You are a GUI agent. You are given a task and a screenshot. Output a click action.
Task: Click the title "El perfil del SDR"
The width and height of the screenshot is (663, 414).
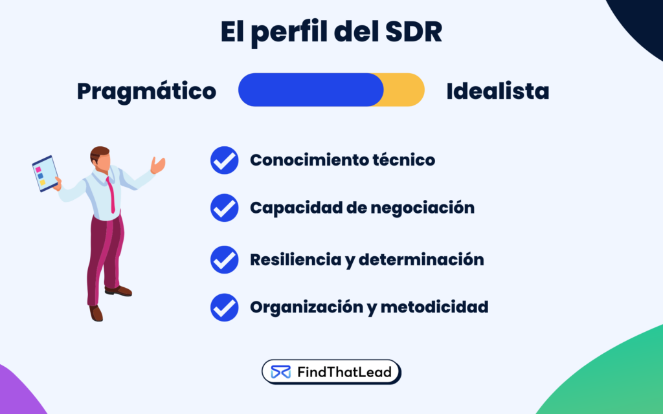pyautogui.click(x=331, y=32)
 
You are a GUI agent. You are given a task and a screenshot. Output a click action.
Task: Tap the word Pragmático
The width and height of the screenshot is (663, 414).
pyautogui.click(x=146, y=91)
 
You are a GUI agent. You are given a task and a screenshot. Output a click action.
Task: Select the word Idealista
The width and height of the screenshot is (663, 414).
pyautogui.click(x=497, y=91)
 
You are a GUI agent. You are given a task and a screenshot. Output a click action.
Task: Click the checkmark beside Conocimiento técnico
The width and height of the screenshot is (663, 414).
pyautogui.click(x=225, y=160)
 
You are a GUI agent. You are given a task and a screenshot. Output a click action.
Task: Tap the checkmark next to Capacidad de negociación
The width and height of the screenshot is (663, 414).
pyautogui.click(x=225, y=208)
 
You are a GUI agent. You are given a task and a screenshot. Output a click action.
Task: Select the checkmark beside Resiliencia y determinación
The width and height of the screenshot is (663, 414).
pyautogui.click(x=225, y=260)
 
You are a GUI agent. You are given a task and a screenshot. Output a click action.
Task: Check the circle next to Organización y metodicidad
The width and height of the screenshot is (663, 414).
pyautogui.click(x=225, y=307)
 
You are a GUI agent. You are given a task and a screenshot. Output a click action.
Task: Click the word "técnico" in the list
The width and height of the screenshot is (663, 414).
pyautogui.click(x=403, y=160)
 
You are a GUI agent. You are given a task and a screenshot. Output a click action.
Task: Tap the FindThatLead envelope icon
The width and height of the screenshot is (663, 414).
pyautogui.click(x=281, y=372)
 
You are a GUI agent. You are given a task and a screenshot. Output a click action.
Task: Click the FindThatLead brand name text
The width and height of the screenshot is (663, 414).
pyautogui.click(x=344, y=372)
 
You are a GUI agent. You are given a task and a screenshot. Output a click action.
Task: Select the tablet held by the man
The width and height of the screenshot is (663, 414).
pyautogui.click(x=45, y=173)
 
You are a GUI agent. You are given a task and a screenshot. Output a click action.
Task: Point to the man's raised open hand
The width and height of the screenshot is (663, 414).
pyautogui.click(x=157, y=165)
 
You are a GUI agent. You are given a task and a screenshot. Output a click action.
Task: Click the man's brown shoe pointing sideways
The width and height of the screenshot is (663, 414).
pyautogui.click(x=120, y=291)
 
